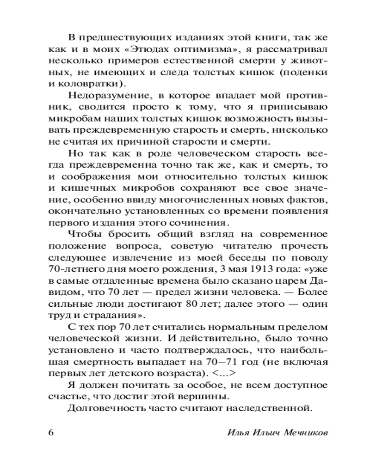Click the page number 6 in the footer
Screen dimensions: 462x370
coord(51,433)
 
